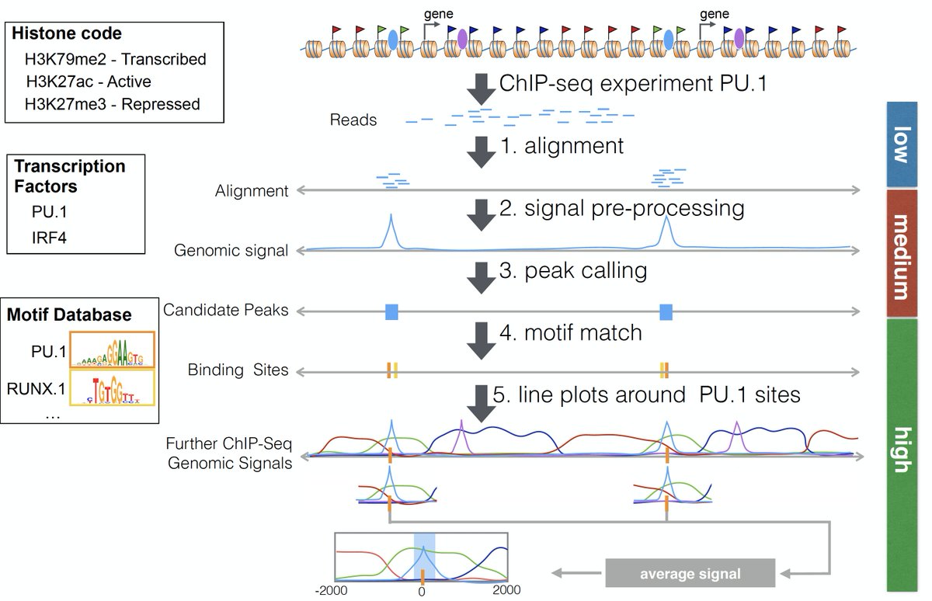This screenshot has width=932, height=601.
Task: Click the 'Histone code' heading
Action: point(67,33)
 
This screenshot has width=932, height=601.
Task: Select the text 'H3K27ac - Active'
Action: point(89,81)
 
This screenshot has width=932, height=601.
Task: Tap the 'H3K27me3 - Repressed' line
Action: point(112,103)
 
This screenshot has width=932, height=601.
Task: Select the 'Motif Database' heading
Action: point(68,315)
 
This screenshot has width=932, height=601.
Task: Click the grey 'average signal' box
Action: point(690,575)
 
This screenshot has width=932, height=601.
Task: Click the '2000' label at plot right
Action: point(506,590)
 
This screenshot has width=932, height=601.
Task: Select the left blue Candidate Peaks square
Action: point(391,312)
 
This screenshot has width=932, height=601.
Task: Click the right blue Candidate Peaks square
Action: point(666,312)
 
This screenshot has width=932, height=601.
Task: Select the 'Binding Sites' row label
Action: point(238,370)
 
